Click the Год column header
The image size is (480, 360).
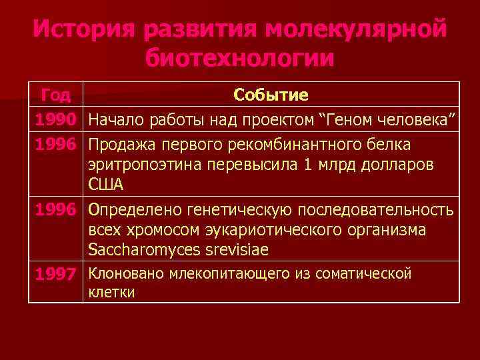(x=55, y=95)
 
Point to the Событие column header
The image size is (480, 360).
(x=271, y=95)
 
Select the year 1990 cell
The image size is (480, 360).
(x=55, y=120)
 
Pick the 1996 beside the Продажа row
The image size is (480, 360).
(x=55, y=145)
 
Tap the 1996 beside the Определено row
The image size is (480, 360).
(x=55, y=210)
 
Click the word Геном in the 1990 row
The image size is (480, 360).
(x=351, y=120)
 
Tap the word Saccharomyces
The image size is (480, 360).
(x=142, y=249)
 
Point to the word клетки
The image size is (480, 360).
(x=111, y=292)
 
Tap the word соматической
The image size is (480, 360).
(x=363, y=273)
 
